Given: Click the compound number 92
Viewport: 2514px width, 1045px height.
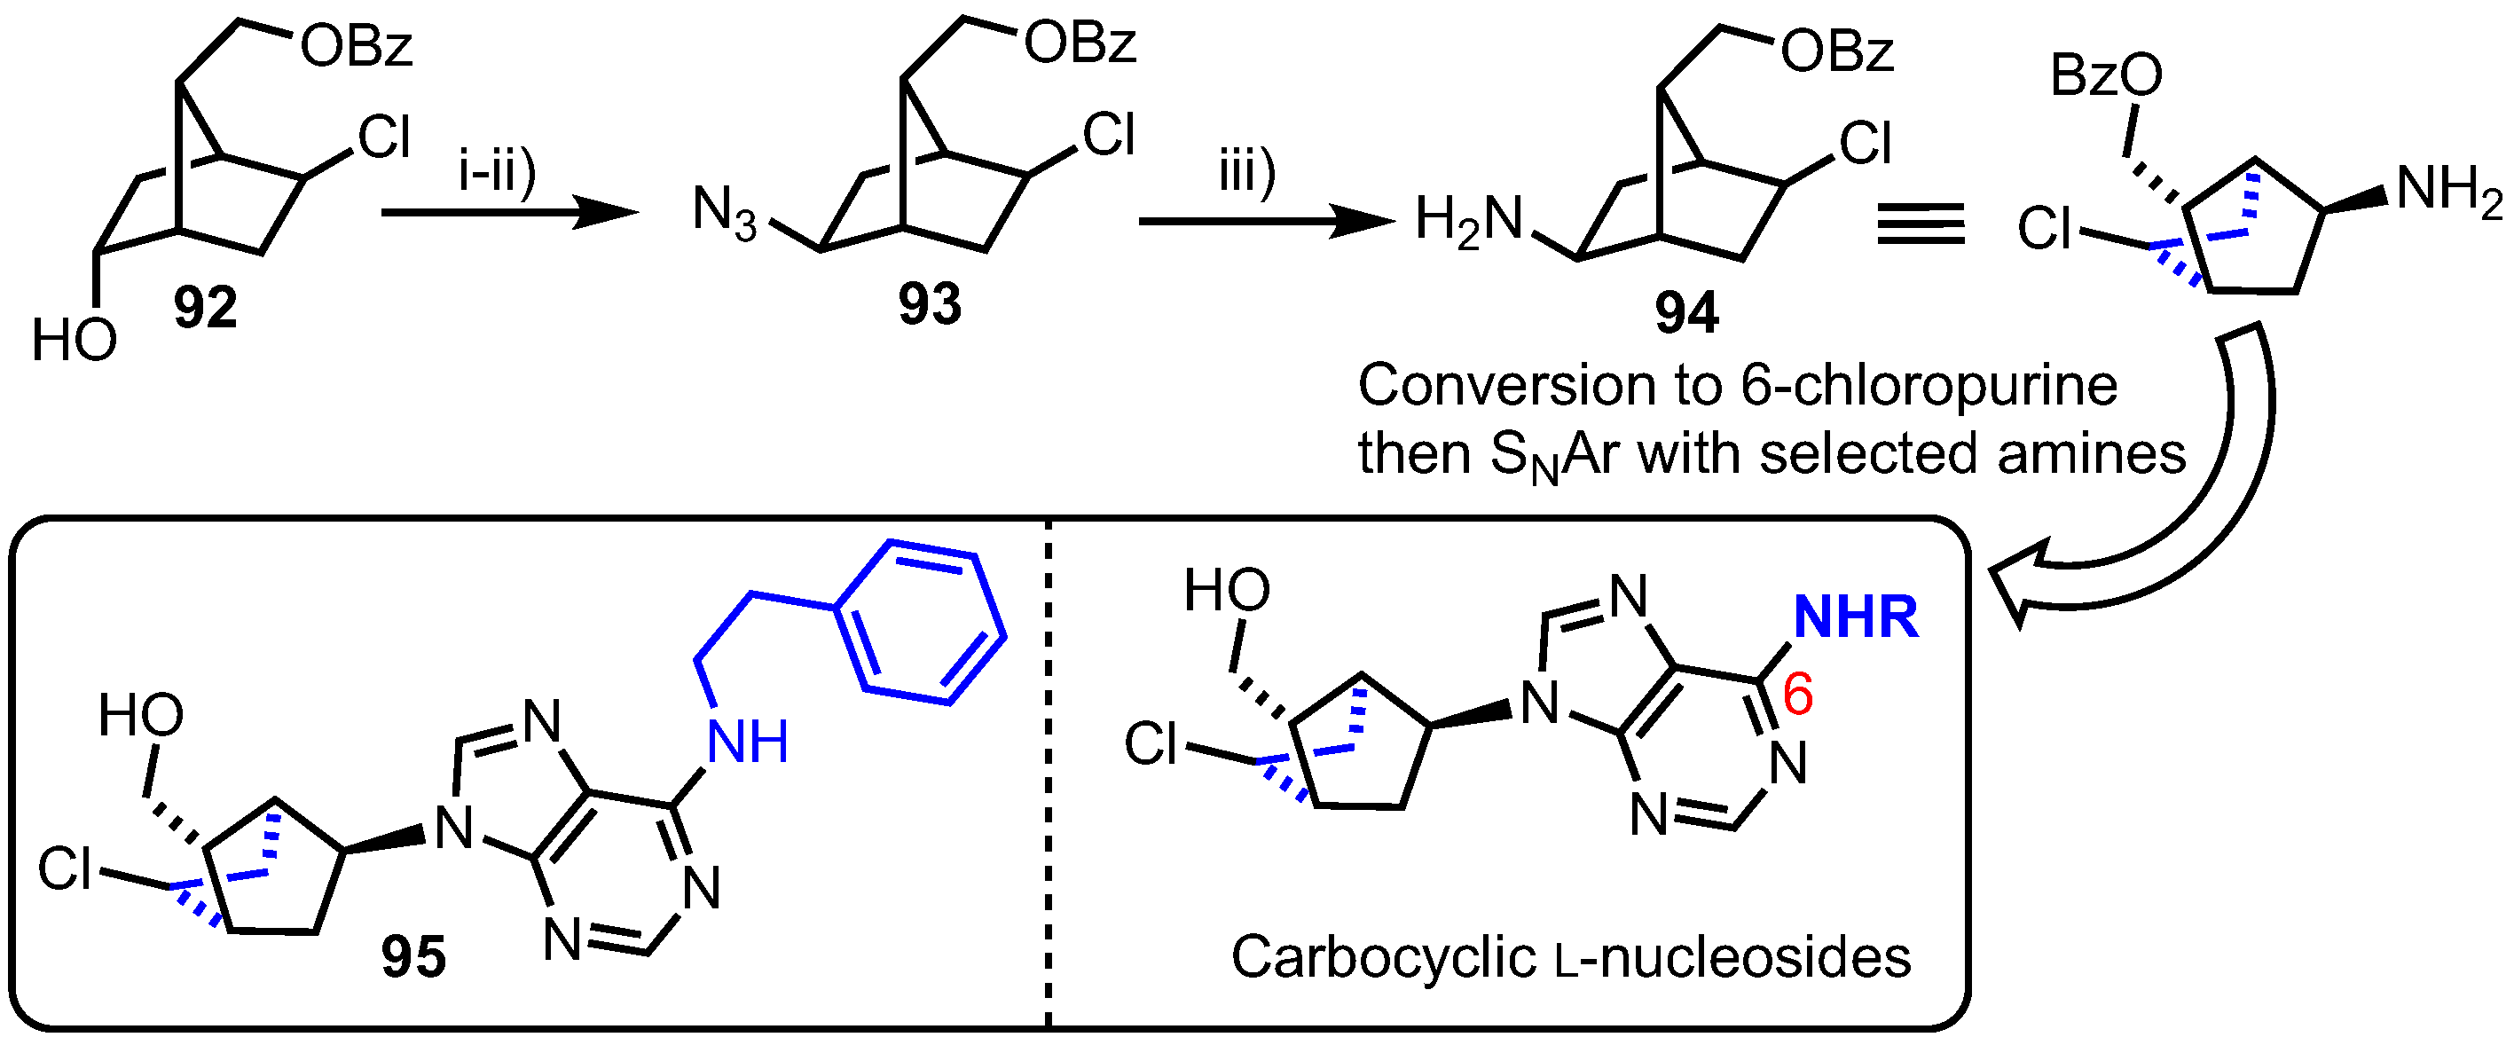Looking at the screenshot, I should coord(206,309).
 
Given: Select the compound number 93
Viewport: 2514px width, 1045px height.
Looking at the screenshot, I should coord(930,304).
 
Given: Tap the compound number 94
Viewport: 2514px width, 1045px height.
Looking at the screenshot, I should coord(1686,313).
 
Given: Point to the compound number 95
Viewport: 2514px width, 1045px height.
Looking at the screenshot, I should coord(413,957).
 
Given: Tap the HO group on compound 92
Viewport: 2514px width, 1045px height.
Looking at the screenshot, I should coord(75,342).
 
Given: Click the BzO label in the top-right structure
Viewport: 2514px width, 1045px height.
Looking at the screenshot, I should coord(2106,76).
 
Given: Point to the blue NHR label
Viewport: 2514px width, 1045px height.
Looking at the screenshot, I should coord(1856,617).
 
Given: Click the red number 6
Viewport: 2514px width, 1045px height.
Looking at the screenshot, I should coord(1797,695).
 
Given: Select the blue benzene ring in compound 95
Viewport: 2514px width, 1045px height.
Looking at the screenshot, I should coord(920,622).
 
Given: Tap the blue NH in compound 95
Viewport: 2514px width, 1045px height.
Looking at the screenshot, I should coord(748,742).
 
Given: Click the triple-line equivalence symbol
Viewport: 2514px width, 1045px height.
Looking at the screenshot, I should coord(1921,224).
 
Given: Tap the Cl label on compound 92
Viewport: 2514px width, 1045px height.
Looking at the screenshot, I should coord(384,137).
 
